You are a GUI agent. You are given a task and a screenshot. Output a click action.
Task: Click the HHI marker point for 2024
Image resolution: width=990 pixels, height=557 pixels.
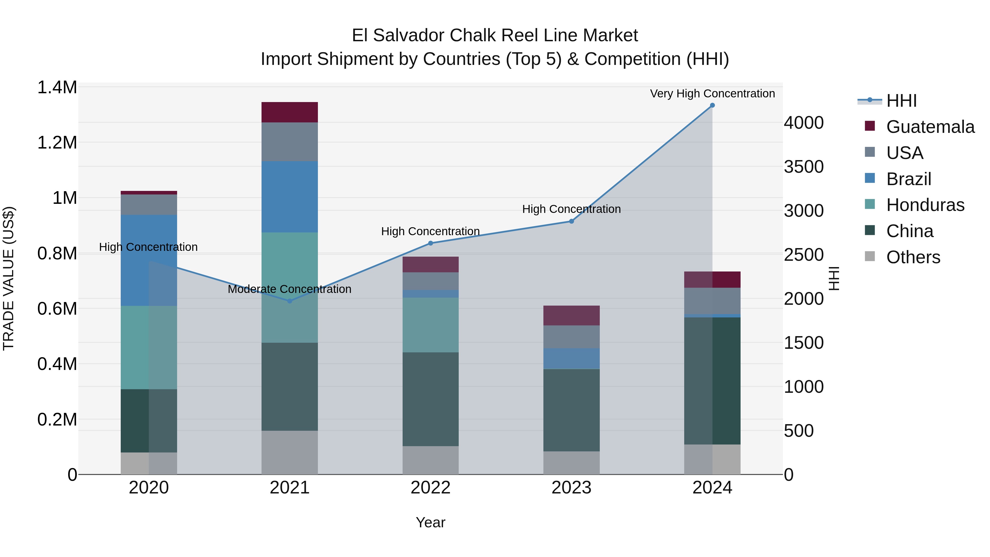coord(712,105)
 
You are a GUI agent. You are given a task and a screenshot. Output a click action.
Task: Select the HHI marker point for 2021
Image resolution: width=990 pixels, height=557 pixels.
coord(290,301)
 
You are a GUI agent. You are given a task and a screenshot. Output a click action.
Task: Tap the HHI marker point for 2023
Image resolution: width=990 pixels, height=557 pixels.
coord(571,221)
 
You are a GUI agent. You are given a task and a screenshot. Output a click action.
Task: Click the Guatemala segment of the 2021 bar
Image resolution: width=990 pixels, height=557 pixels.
coord(290,112)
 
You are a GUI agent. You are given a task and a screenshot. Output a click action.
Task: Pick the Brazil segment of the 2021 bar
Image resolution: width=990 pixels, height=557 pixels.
coord(290,197)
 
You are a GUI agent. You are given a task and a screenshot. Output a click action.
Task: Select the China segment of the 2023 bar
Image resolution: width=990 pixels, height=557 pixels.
coord(571,410)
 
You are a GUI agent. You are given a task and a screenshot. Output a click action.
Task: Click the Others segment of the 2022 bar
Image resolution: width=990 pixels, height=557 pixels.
coord(430,460)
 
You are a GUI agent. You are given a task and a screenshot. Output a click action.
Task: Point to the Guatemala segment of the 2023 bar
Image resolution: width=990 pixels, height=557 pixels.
coord(571,315)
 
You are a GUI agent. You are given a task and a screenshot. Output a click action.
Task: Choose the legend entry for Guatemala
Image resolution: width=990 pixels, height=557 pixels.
coord(930,127)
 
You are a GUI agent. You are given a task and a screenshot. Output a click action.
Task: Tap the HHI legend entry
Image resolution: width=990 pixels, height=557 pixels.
coord(901,101)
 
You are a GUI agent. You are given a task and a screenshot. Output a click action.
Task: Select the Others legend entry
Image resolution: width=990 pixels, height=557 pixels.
coord(913,257)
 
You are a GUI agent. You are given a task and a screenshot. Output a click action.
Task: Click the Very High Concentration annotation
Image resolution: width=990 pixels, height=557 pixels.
coord(712,94)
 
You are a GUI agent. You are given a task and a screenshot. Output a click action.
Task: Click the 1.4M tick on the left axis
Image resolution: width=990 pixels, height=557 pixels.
coord(57,88)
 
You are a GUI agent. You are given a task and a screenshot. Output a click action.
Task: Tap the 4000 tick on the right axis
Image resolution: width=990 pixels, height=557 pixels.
coord(804,123)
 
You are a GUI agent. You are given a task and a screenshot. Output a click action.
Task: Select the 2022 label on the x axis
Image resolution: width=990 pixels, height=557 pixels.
coord(430,488)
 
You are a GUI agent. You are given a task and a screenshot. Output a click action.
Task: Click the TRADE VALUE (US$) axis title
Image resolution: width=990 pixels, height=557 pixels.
coord(9,278)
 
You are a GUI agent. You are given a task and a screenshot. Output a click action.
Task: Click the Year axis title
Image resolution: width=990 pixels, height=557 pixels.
coord(430,522)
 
